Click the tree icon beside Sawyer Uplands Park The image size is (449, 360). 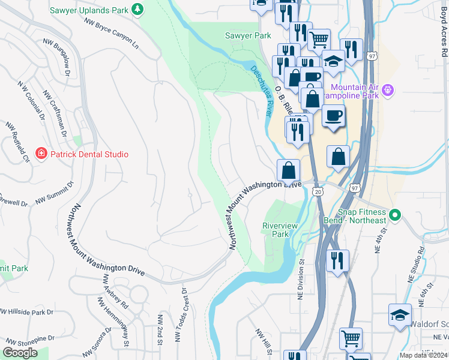[138, 9]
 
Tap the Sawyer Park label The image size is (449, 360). [248, 36]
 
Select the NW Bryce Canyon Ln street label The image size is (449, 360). [111, 34]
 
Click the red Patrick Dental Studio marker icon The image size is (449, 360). [41, 154]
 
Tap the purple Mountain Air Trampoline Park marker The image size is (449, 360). [388, 91]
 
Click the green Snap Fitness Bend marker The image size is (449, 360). [394, 214]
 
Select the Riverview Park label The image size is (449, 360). [280, 230]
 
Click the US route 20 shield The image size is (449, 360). [318, 191]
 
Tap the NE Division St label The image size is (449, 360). [302, 280]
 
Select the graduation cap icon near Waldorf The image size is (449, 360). [400, 315]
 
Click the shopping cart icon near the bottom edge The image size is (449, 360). [351, 337]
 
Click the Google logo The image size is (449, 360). [20, 353]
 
